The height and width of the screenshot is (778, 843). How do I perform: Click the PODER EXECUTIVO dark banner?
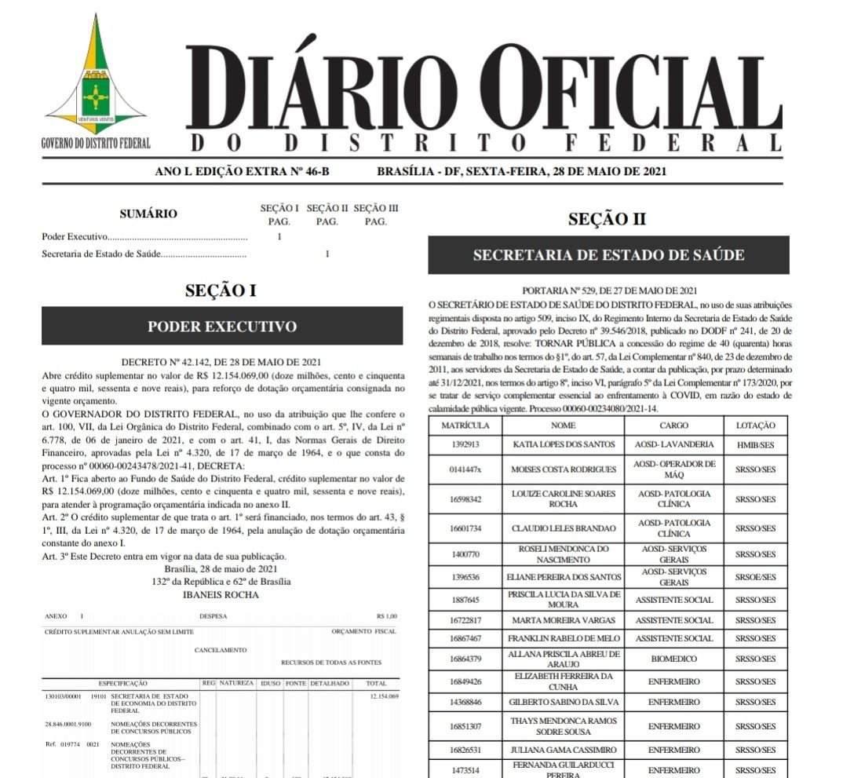pos(222,326)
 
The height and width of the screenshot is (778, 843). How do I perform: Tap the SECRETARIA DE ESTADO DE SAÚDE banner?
pos(608,255)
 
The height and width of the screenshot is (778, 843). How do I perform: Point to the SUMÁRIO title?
pos(148,214)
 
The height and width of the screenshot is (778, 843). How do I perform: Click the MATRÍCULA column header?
pos(465,425)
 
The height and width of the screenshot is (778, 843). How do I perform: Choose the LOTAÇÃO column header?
pos(755,425)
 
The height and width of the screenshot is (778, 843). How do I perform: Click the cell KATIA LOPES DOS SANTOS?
pos(563,444)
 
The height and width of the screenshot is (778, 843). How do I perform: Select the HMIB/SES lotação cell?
pos(755,444)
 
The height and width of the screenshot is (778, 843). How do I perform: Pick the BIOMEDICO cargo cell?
pos(674,659)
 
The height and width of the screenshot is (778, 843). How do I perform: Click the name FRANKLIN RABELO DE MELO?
pos(563,638)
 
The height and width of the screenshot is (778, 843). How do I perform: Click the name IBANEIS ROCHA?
pos(221,594)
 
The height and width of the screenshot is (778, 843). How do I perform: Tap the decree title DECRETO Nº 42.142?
pos(221,362)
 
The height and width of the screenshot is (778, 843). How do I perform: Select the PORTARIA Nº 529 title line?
pos(609,290)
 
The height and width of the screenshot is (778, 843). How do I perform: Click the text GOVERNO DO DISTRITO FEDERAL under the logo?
pos(96,144)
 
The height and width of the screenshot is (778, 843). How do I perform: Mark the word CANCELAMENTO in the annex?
pos(221,650)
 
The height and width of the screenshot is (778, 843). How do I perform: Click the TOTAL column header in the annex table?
pos(376,683)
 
